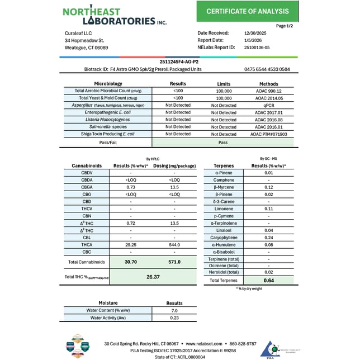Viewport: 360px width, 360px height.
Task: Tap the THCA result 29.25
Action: [x=131, y=245]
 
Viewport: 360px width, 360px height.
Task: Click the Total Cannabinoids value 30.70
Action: [x=131, y=262]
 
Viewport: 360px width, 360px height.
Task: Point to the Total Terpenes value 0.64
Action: [x=269, y=281]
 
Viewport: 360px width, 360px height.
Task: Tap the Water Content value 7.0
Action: [x=174, y=310]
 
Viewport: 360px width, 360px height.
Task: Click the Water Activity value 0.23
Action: [x=174, y=318]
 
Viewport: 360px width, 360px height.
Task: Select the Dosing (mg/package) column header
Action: [x=174, y=166]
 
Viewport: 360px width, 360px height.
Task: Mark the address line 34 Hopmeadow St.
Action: [x=84, y=40]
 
